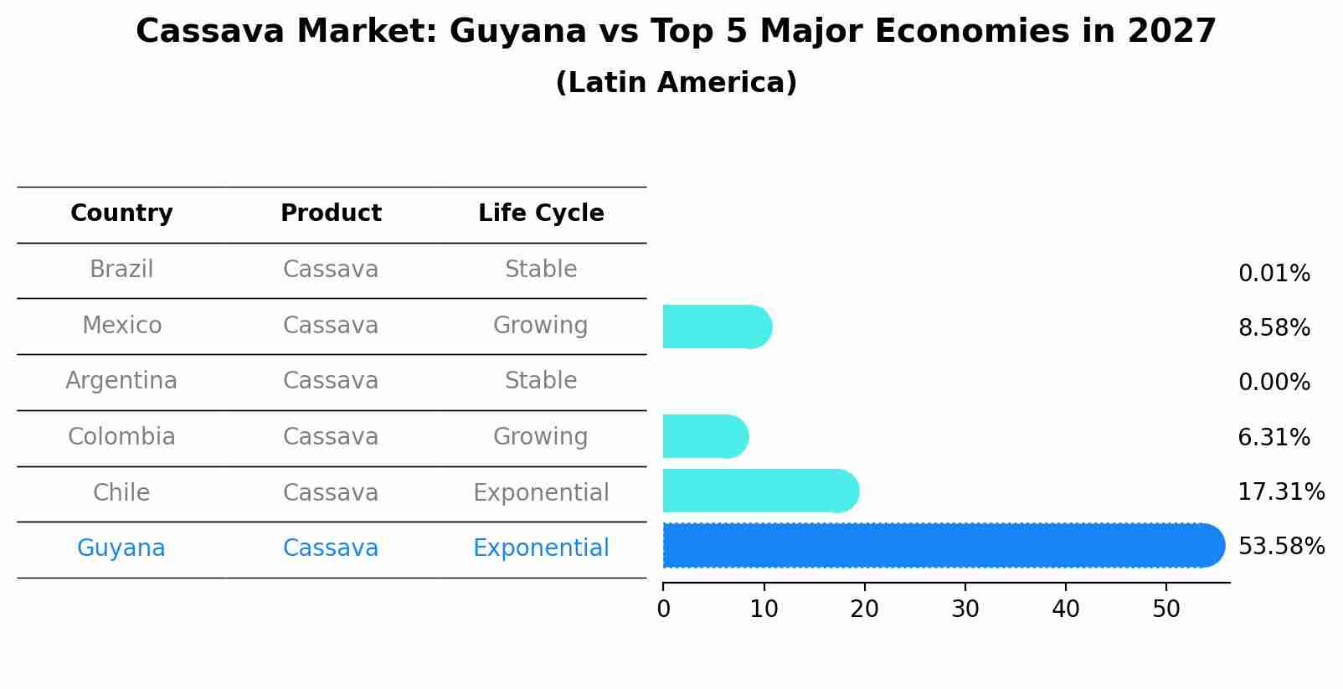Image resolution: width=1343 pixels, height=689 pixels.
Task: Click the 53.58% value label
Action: pos(1281,547)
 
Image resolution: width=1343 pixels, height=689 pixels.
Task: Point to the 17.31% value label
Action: pos(1281,492)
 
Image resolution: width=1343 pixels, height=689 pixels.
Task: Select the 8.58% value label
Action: pos(1274,328)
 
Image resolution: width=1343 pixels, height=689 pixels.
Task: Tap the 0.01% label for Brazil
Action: pos(1274,274)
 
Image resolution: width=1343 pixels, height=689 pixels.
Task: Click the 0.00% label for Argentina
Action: pos(1274,383)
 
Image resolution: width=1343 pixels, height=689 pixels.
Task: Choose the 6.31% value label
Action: pos(1274,438)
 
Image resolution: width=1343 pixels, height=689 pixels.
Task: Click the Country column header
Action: pos(121,213)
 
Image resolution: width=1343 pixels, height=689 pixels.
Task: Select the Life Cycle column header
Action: pos(541,213)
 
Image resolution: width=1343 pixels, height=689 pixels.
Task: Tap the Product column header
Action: pos(331,213)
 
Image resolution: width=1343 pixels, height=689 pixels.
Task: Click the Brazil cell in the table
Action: pos(121,270)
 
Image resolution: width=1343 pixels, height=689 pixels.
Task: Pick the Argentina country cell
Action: pos(121,381)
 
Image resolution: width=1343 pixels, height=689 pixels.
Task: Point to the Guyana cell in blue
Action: pos(121,548)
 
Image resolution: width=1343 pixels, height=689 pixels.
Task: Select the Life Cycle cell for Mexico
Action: pos(541,326)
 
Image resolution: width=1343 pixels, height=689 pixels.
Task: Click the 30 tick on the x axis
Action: pos(965,609)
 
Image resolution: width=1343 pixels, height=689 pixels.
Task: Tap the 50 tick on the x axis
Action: pos(1166,609)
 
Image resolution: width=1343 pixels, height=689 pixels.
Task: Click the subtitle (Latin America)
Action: pos(676,83)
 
